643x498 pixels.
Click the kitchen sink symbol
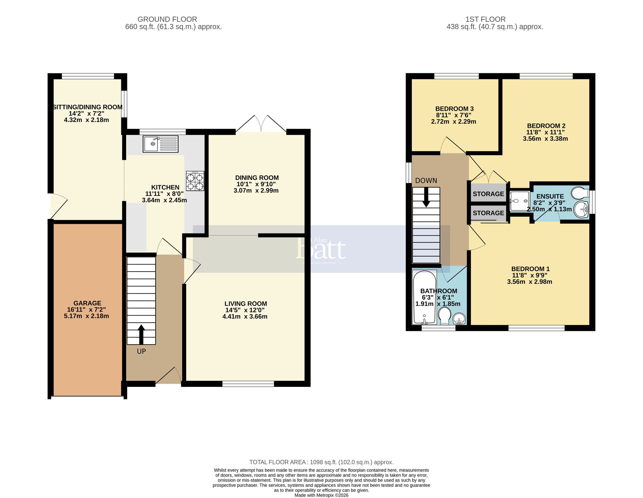(x=160, y=144)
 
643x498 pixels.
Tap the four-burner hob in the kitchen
(x=195, y=181)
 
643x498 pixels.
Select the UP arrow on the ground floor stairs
(x=141, y=332)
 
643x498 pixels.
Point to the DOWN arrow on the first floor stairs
(x=426, y=197)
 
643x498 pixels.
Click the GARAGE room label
(x=87, y=303)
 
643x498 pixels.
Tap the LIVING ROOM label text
(x=246, y=304)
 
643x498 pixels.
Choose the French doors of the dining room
(x=261, y=124)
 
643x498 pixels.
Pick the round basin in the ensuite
(x=581, y=209)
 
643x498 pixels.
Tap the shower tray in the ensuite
(x=519, y=201)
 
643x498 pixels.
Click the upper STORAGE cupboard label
(x=488, y=194)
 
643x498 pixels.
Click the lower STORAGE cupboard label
(x=488, y=213)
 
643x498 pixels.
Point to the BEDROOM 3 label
(x=454, y=109)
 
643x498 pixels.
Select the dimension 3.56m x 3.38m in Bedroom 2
(x=545, y=139)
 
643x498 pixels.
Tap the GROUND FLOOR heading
(x=167, y=19)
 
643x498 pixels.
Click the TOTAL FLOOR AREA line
(x=321, y=462)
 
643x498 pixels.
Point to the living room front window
(x=248, y=383)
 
